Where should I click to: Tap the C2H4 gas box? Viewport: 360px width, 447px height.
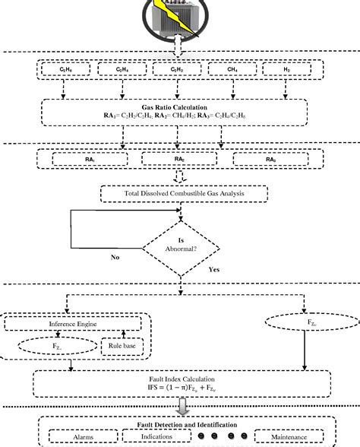(x=122, y=71)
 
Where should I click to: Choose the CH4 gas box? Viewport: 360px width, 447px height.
(x=232, y=71)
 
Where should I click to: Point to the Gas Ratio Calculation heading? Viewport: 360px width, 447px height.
(x=179, y=108)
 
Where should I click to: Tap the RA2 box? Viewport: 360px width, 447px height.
(x=179, y=159)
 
